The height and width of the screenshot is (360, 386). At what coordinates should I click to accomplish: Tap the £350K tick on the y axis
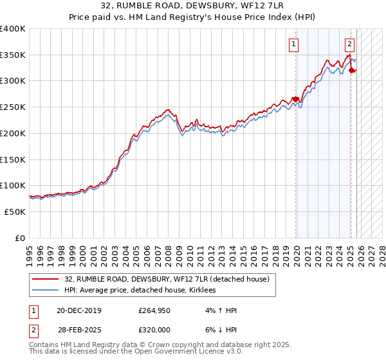13,55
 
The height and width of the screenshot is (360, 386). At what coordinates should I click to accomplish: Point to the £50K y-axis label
15,212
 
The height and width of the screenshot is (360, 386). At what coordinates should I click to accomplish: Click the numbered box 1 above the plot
294,44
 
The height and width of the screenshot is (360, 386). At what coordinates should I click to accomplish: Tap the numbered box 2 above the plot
349,44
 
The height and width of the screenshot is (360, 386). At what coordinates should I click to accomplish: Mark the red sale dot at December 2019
296,99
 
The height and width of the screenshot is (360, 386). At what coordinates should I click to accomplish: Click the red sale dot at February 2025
351,71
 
